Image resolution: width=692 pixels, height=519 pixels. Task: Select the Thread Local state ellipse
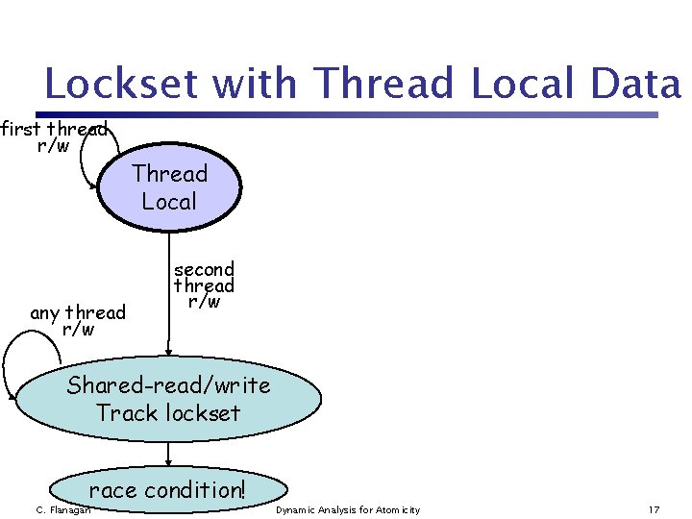(x=169, y=188)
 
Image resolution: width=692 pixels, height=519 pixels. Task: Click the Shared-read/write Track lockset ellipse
(x=168, y=400)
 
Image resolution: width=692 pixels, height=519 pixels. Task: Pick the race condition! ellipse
(x=168, y=490)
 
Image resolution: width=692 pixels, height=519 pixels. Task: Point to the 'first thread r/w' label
(x=53, y=137)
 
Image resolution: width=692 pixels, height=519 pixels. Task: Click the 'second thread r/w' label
(x=204, y=285)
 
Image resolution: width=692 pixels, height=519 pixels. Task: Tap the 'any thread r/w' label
(x=78, y=321)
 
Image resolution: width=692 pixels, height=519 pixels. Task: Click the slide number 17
(x=654, y=509)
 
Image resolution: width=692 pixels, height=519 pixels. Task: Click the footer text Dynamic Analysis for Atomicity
(x=348, y=509)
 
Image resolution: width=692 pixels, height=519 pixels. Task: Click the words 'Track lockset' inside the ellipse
(x=168, y=414)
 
